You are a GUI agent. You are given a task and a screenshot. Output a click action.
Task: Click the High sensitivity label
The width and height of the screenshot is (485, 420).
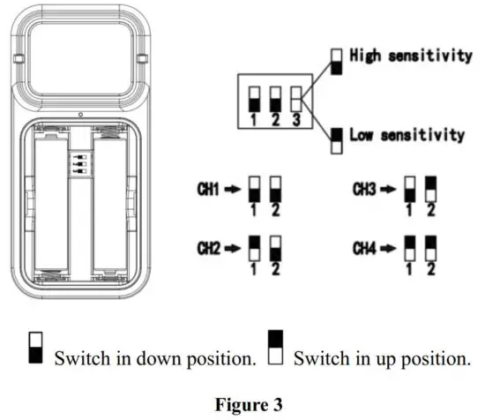(411, 56)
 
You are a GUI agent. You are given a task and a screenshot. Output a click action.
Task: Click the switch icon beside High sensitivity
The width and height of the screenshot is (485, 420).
(336, 58)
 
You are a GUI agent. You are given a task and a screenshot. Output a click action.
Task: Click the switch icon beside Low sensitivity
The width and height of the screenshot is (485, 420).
(336, 139)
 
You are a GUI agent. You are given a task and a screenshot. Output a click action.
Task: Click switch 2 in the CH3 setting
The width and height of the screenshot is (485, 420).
(430, 188)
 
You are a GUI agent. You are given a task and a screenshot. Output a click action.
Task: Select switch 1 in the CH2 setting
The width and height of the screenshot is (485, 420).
(253, 245)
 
